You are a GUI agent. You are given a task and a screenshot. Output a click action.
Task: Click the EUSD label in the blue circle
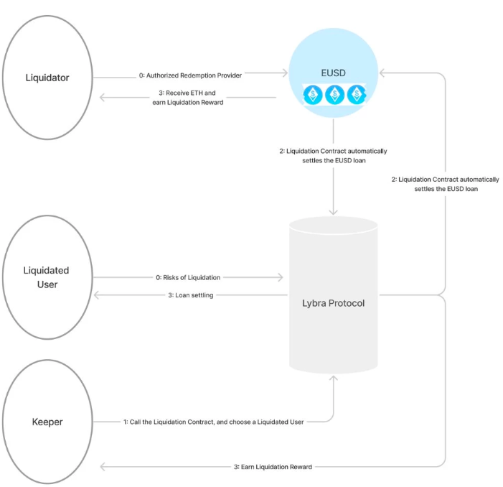pyautogui.click(x=334, y=73)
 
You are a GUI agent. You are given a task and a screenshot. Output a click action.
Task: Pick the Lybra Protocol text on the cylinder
pyautogui.click(x=333, y=303)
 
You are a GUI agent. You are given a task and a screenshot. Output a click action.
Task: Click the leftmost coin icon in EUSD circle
pyautogui.click(x=313, y=95)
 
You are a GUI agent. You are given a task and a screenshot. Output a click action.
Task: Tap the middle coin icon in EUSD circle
pyautogui.click(x=334, y=95)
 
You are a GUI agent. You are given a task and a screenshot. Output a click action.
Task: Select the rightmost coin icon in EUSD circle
pyautogui.click(x=356, y=95)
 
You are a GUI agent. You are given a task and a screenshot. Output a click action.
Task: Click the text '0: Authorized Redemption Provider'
pyautogui.click(x=190, y=75)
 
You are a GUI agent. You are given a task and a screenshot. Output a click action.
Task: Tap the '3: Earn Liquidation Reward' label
pyautogui.click(x=273, y=467)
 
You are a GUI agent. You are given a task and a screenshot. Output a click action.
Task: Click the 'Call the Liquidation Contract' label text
pyautogui.click(x=217, y=422)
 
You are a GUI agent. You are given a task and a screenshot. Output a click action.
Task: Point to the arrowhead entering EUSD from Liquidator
pyautogui.click(x=284, y=73)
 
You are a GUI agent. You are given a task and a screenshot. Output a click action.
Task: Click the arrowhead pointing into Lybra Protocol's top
pyautogui.click(x=333, y=212)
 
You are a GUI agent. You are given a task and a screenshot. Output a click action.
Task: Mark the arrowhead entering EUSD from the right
pyautogui.click(x=382, y=73)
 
